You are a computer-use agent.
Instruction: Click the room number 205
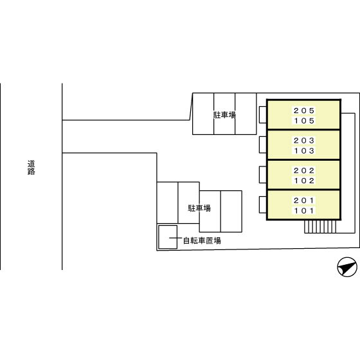point(303,111)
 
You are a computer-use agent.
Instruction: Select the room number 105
point(303,121)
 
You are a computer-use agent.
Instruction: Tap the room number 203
point(303,141)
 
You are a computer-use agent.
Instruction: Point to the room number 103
point(303,151)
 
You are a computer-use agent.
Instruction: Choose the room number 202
point(303,170)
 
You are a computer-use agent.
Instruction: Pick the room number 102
point(303,181)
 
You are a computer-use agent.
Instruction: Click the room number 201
point(303,201)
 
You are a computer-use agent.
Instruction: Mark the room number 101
point(303,211)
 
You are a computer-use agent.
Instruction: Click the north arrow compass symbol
point(347,267)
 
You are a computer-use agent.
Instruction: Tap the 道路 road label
point(32,168)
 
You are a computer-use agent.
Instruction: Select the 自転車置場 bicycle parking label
point(202,240)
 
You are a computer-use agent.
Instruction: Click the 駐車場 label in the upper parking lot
point(224,115)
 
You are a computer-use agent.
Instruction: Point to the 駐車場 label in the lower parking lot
point(199,208)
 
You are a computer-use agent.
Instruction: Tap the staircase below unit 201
point(320,226)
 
